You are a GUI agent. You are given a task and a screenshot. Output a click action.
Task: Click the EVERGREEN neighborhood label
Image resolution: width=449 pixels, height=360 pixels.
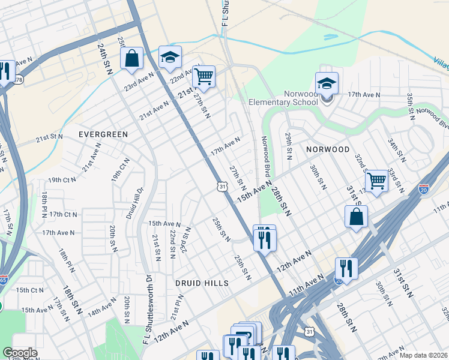pyautogui.click(x=103, y=134)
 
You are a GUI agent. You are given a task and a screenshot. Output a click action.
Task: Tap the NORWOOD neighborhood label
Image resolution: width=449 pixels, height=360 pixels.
pyautogui.click(x=328, y=149)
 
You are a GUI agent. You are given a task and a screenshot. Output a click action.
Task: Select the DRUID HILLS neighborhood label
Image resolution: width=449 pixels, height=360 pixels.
pyautogui.click(x=202, y=283)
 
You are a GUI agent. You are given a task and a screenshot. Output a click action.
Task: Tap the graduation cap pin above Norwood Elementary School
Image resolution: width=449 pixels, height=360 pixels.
pyautogui.click(x=327, y=85)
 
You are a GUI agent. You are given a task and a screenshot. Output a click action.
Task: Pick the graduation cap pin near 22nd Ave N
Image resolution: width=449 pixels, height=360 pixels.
pyautogui.click(x=170, y=58)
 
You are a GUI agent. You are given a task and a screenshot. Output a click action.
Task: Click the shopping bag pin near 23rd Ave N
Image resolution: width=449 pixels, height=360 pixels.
pyautogui.click(x=131, y=59)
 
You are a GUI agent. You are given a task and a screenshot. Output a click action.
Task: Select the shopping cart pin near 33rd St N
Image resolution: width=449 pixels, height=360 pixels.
pyautogui.click(x=376, y=181)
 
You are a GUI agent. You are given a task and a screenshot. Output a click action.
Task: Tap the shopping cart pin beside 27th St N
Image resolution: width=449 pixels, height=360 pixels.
pyautogui.click(x=203, y=77)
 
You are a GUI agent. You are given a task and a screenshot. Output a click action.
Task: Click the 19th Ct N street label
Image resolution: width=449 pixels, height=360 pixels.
pyautogui.click(x=62, y=179)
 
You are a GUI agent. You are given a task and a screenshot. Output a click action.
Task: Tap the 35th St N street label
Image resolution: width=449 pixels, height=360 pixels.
pyautogui.click(x=410, y=105)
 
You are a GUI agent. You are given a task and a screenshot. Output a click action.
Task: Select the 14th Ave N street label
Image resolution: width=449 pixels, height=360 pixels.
pyautogui.click(x=102, y=309)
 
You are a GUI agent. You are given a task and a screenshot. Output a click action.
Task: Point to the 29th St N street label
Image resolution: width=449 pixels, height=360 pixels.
pyautogui.click(x=289, y=146)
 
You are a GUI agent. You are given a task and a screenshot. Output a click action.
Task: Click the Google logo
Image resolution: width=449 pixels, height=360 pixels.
pyautogui.click(x=20, y=353)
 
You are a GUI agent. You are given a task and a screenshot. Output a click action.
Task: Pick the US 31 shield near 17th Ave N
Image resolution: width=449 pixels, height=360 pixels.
pyautogui.click(x=222, y=188)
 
